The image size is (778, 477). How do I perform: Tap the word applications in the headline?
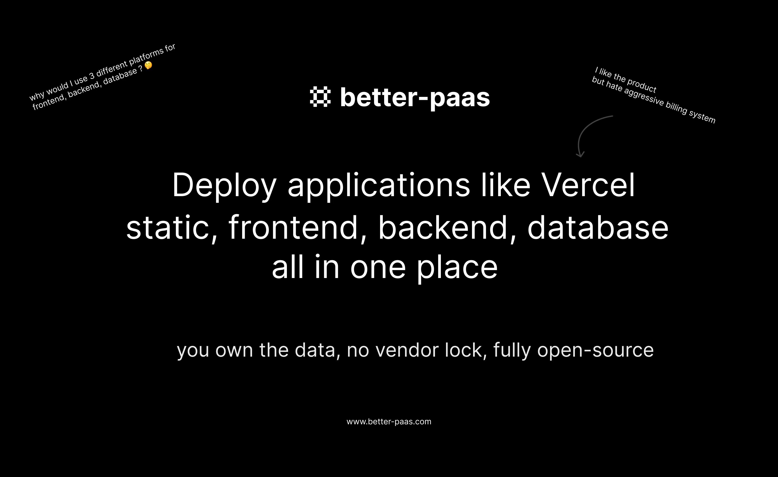[x=379, y=186]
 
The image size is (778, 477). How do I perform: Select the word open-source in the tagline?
[x=595, y=351]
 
